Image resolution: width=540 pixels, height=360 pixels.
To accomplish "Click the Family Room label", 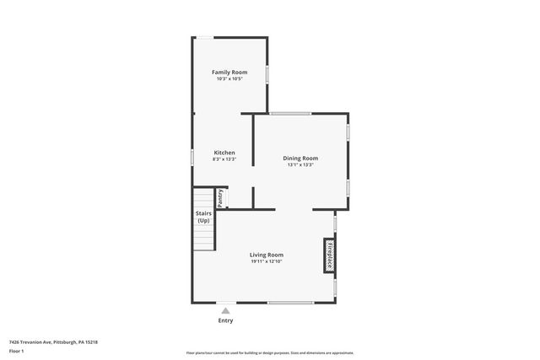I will point(229,73).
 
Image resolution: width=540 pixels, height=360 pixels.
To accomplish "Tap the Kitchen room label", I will point(224,153).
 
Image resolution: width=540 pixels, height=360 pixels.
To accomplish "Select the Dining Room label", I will point(300,159).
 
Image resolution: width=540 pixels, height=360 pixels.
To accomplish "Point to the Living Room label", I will point(266,255).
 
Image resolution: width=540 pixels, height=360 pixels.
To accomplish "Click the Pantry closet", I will point(220,198).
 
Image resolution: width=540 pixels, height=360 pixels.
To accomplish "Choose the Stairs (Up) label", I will point(203,217).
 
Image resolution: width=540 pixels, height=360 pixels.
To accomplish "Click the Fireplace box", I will point(330,255).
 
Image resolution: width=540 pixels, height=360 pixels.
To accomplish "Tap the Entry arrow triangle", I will point(225,311).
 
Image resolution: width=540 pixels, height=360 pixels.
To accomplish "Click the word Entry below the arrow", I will point(225,321).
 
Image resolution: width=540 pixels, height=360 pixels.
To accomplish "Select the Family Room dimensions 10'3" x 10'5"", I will point(229,79).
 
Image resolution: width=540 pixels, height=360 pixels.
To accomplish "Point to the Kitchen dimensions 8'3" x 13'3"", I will point(224,159).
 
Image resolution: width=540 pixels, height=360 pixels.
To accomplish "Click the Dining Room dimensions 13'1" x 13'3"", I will point(300,165).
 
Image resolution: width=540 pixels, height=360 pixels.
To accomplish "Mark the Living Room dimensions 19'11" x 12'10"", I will point(266,261).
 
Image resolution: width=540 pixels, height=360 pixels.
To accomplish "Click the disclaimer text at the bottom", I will point(269,353).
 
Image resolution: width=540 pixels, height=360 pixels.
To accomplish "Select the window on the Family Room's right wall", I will point(267,73).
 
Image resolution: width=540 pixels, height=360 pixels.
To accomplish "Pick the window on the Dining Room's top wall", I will point(290,113).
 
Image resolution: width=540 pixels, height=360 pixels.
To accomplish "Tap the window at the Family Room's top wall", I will point(205,37).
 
